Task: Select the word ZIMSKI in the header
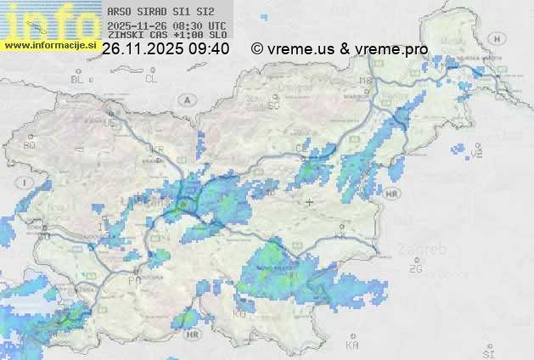point(125,36)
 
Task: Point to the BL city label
point(78,79)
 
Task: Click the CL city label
point(151,79)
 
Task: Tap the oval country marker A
point(186,99)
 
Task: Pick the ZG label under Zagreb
point(415,269)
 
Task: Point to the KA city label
point(352,346)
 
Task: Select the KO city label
point(239,314)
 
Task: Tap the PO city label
point(134,280)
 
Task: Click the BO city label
point(29,145)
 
